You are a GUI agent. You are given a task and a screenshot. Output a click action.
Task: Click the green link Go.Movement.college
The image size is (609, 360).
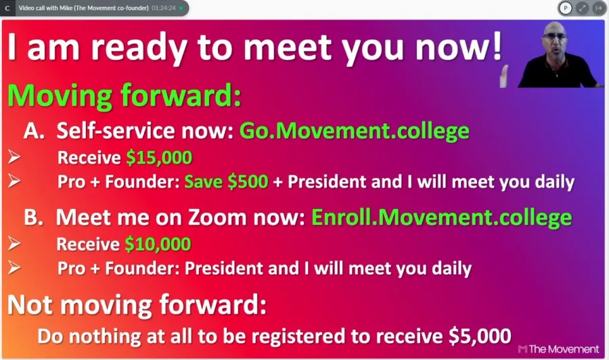pyautogui.click(x=354, y=131)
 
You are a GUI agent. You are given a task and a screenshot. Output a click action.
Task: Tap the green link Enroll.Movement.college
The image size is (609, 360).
pyautogui.click(x=442, y=217)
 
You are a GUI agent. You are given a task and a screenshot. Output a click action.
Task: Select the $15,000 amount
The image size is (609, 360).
pyautogui.click(x=159, y=158)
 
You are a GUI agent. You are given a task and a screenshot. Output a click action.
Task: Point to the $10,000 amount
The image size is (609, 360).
pyautogui.click(x=158, y=244)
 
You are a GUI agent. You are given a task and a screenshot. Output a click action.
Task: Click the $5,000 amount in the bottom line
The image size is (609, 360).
pyautogui.click(x=480, y=336)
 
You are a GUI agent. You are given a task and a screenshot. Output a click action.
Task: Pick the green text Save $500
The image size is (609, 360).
pyautogui.click(x=226, y=182)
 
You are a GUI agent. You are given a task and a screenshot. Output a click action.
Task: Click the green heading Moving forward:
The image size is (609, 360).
pyautogui.click(x=125, y=95)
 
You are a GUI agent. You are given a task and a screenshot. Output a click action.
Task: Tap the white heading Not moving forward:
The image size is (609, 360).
pyautogui.click(x=137, y=305)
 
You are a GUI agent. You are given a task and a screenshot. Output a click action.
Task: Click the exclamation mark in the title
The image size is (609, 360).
pyautogui.click(x=497, y=47)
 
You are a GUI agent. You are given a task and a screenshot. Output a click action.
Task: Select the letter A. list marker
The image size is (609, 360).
pyautogui.click(x=34, y=131)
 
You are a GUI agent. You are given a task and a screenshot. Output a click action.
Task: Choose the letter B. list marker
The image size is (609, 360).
pyautogui.click(x=33, y=217)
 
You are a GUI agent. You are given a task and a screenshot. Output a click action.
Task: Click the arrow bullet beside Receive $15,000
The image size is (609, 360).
pyautogui.click(x=14, y=157)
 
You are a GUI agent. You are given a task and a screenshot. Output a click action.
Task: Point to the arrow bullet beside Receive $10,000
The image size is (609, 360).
pyautogui.click(x=14, y=244)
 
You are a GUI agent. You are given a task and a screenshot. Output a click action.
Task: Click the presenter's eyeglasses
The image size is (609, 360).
pyautogui.click(x=555, y=36)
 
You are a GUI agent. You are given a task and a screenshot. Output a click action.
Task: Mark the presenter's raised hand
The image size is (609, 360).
pyautogui.click(x=504, y=76)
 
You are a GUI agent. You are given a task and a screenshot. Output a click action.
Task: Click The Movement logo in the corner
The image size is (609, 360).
pyautogui.click(x=558, y=349)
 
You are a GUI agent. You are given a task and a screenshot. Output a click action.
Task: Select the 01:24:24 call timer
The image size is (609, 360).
pyautogui.click(x=164, y=7)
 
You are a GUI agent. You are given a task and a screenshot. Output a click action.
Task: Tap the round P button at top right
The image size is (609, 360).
pyautogui.click(x=566, y=7)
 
